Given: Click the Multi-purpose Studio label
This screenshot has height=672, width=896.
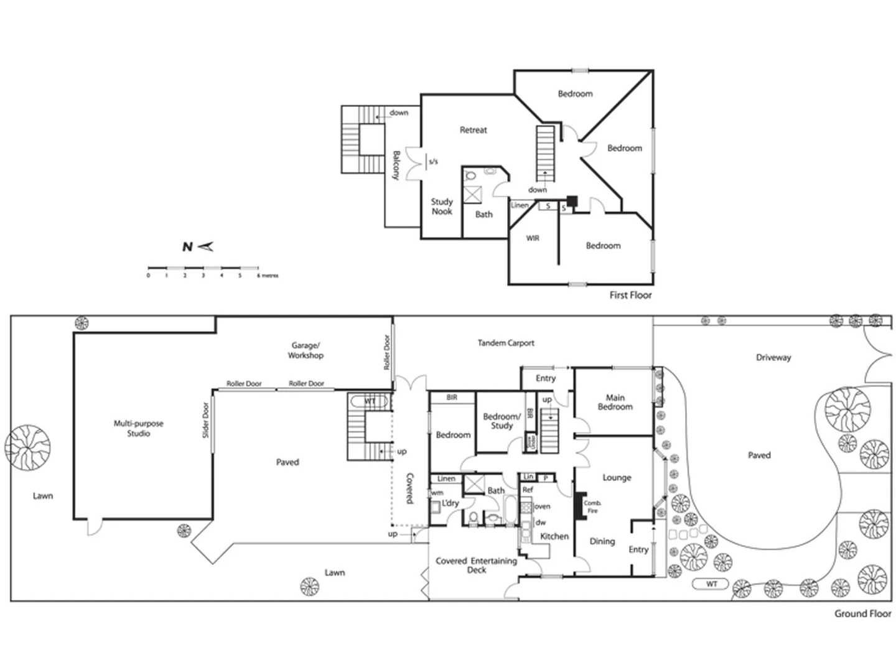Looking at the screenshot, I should [x=138, y=428].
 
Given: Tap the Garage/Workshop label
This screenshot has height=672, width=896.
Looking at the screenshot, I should [x=306, y=350].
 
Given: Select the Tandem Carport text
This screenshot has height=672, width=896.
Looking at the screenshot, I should [x=505, y=343].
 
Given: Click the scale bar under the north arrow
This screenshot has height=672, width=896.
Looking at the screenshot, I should [x=203, y=268].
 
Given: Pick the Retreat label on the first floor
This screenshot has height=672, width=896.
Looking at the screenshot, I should [x=473, y=130].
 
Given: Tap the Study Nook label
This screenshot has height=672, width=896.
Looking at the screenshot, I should [x=442, y=207].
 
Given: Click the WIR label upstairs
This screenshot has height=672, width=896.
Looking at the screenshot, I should [x=533, y=238].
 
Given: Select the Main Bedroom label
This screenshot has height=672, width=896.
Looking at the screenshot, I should [x=615, y=402].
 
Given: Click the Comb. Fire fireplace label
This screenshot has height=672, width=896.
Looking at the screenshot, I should [x=592, y=506].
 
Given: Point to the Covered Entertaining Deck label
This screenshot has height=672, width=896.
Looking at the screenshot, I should [x=476, y=565].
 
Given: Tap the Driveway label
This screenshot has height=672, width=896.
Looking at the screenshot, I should [x=773, y=357].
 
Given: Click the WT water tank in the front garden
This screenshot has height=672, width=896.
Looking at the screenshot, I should [x=711, y=584].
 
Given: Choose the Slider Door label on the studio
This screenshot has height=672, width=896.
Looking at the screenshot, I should [x=206, y=420].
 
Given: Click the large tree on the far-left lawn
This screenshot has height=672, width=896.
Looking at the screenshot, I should [x=27, y=447].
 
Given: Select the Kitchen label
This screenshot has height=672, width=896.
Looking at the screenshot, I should [x=554, y=536].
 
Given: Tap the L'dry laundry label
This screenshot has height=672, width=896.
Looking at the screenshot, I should [x=450, y=503].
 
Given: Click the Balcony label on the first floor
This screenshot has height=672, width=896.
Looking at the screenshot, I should [x=396, y=165].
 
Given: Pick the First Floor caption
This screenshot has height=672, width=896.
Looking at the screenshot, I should [x=630, y=295].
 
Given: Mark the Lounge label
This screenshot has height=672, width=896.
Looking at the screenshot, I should [x=617, y=477].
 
